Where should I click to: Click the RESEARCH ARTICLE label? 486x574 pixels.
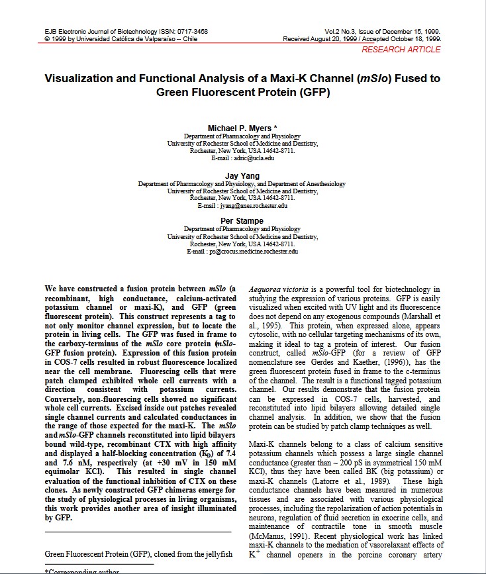pyautogui.click(x=401, y=50)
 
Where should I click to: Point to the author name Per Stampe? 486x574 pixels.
pyautogui.click(x=242, y=221)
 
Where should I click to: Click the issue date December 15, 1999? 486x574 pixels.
pyautogui.click(x=409, y=32)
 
